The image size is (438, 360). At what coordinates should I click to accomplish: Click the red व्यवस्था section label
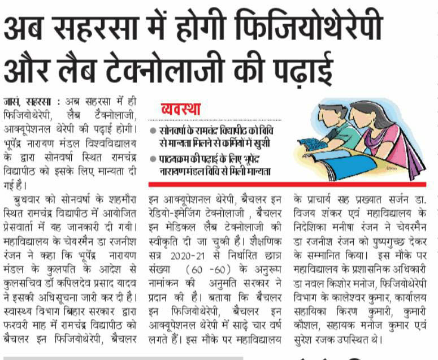(x=181, y=109)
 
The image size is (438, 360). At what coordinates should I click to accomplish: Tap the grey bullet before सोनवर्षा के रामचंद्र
(x=154, y=131)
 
